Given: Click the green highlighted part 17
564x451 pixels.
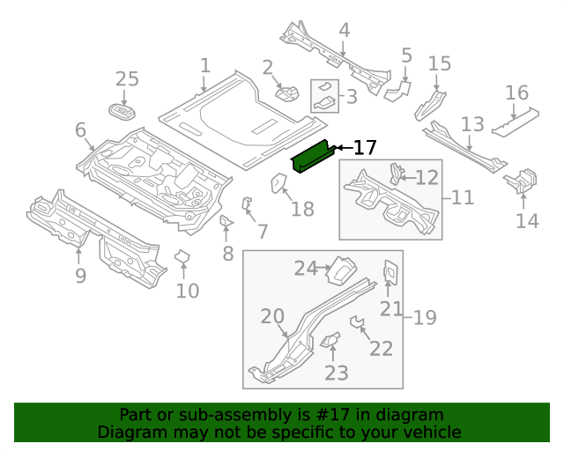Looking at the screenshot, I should click(x=312, y=158).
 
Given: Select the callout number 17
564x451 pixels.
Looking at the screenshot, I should click(x=365, y=148).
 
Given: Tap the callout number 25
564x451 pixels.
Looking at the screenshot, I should click(x=127, y=79).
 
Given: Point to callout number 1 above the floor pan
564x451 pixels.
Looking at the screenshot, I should click(x=204, y=66).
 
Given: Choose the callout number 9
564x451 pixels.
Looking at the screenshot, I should click(x=80, y=276).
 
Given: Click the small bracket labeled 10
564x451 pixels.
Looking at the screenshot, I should click(x=182, y=257).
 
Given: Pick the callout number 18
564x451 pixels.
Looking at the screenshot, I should click(x=302, y=209).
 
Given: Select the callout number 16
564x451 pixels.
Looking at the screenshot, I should click(x=516, y=93).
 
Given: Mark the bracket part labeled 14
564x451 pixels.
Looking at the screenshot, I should click(x=520, y=181).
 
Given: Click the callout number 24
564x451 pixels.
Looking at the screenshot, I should click(x=305, y=269).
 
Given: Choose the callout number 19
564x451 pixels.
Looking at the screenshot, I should click(x=425, y=317).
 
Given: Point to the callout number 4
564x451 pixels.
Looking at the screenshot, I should click(x=344, y=31).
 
